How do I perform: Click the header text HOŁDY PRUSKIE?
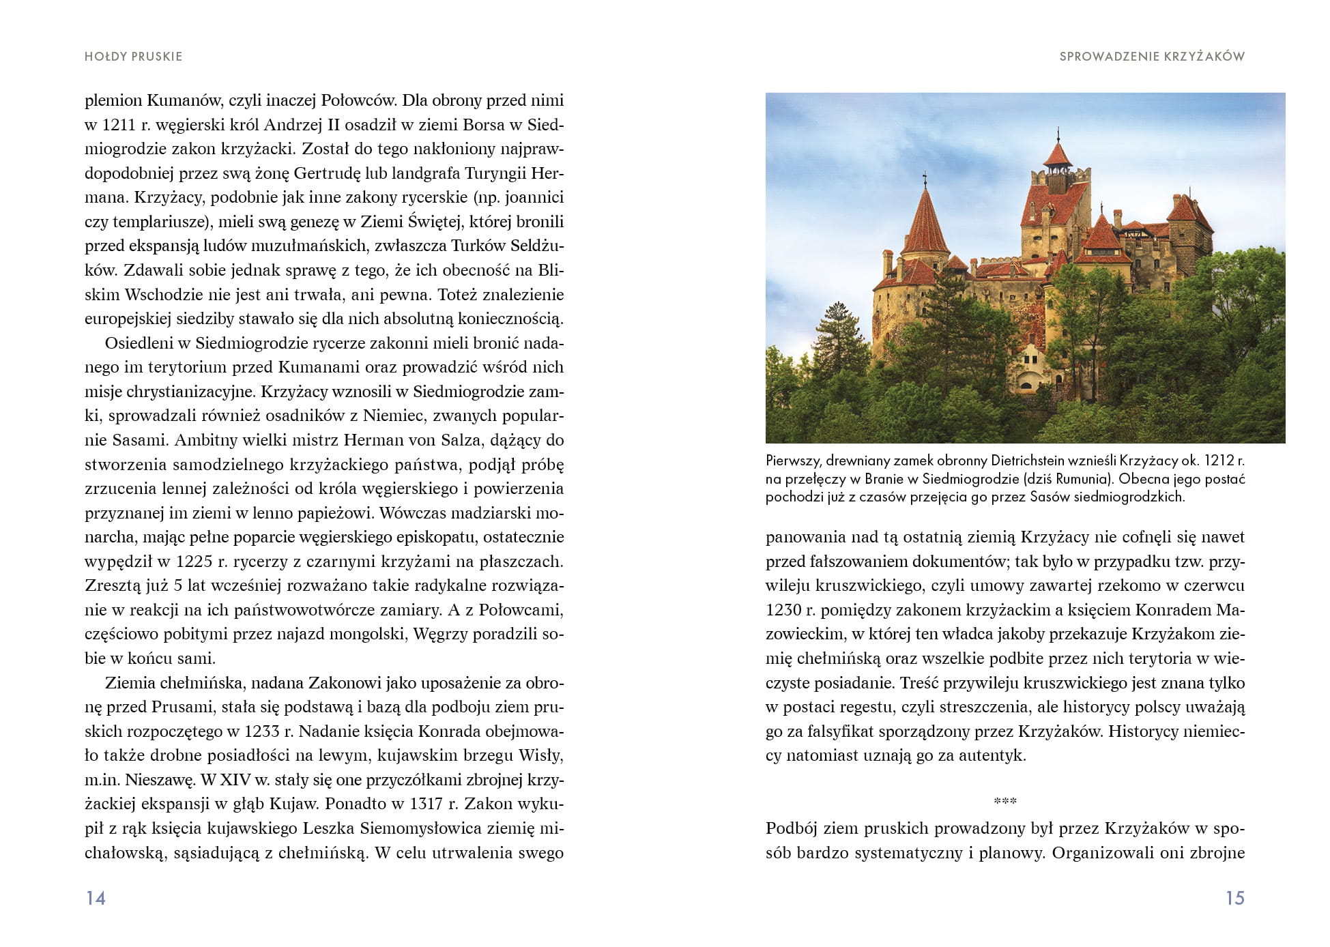(133, 57)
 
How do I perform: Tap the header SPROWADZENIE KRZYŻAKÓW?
(1152, 57)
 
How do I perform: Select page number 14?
(96, 898)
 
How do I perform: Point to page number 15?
(1235, 898)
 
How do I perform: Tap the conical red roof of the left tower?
(925, 222)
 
